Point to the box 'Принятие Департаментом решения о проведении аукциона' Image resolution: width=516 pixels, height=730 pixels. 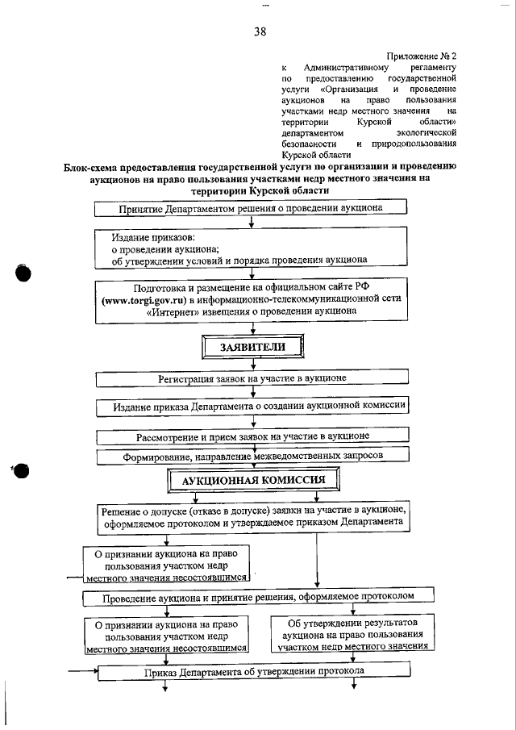[x=252, y=207]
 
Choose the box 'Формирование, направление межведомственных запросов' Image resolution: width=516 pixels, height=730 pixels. [x=252, y=456]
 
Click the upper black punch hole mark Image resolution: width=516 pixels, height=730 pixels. [x=23, y=273]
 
